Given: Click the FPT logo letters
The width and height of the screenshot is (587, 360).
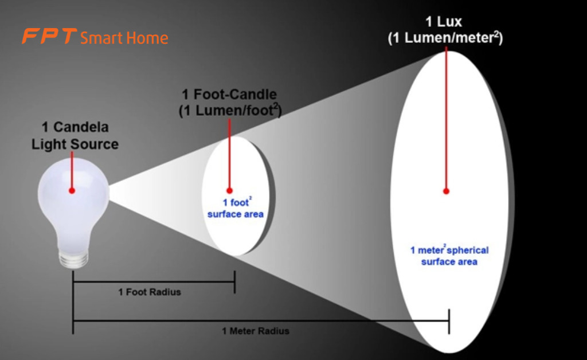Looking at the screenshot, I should [x=49, y=37].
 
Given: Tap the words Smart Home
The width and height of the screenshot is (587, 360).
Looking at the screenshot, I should [x=124, y=38].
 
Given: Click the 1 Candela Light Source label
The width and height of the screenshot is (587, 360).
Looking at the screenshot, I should [x=75, y=136].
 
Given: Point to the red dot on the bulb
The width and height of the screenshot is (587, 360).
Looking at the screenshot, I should [x=72, y=190].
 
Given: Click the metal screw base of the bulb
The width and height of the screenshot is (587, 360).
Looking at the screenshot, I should [x=73, y=257].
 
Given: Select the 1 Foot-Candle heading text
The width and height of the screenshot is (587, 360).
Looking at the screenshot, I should [x=229, y=95].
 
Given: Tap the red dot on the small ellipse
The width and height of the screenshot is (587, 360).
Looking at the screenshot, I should [x=229, y=190].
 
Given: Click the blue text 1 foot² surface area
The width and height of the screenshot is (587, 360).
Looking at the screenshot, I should [x=235, y=209].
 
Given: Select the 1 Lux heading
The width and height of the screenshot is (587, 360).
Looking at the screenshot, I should [x=444, y=23].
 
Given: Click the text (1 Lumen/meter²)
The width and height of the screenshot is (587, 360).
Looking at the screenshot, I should [x=445, y=38].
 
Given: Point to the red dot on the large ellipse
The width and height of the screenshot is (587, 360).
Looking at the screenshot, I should [x=446, y=191].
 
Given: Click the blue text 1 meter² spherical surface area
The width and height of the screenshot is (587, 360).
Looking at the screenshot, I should [x=449, y=256].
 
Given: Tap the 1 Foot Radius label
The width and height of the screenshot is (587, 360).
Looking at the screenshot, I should [x=150, y=292].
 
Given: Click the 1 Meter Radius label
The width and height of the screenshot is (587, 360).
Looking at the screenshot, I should [x=256, y=331].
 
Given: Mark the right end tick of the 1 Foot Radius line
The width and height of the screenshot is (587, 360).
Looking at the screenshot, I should [x=234, y=281].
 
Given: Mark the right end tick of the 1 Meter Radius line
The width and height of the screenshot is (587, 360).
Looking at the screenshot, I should [x=449, y=321].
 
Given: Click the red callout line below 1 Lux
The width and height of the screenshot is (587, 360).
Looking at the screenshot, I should [x=446, y=115].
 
